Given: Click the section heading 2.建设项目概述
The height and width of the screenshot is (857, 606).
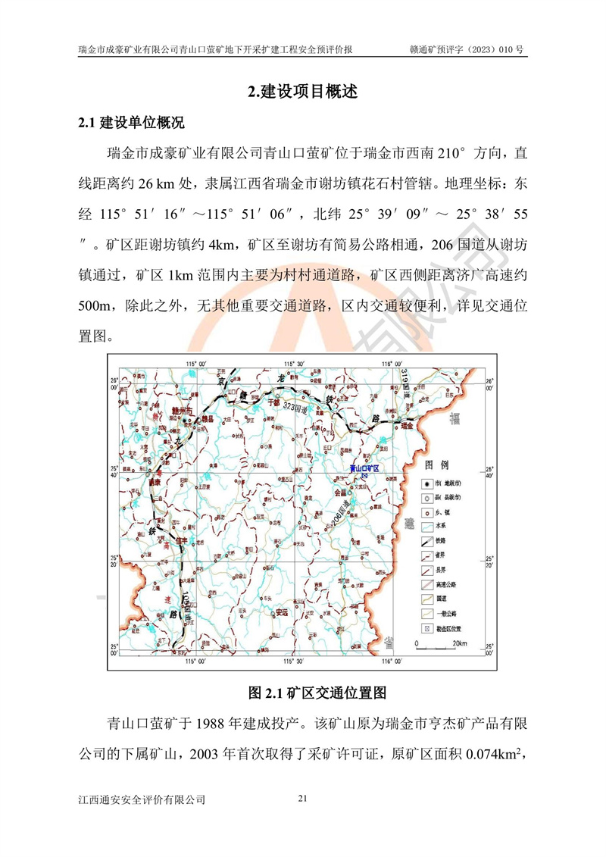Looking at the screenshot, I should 302,92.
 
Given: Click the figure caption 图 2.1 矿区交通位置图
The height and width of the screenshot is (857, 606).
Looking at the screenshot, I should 302,693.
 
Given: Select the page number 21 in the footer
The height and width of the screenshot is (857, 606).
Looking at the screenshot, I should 303,798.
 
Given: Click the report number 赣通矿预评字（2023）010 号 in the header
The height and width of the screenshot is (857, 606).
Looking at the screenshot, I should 467,50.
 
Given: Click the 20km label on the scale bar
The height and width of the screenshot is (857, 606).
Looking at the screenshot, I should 460,643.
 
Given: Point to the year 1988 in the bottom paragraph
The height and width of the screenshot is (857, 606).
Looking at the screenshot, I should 214,721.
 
